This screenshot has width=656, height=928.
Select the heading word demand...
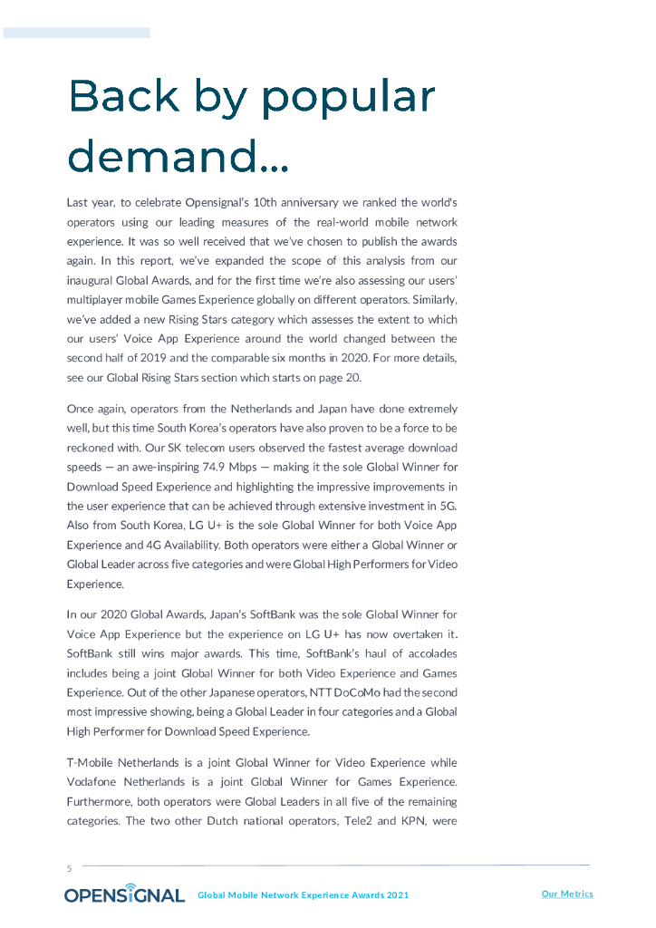(163, 157)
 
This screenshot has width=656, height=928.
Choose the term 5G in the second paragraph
(449, 507)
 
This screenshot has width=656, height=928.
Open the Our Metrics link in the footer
(567, 894)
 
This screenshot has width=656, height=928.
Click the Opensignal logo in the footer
(124, 894)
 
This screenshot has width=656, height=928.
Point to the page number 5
(69, 868)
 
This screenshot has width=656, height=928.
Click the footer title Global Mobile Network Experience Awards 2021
(303, 895)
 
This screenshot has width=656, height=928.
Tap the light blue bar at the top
(76, 33)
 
